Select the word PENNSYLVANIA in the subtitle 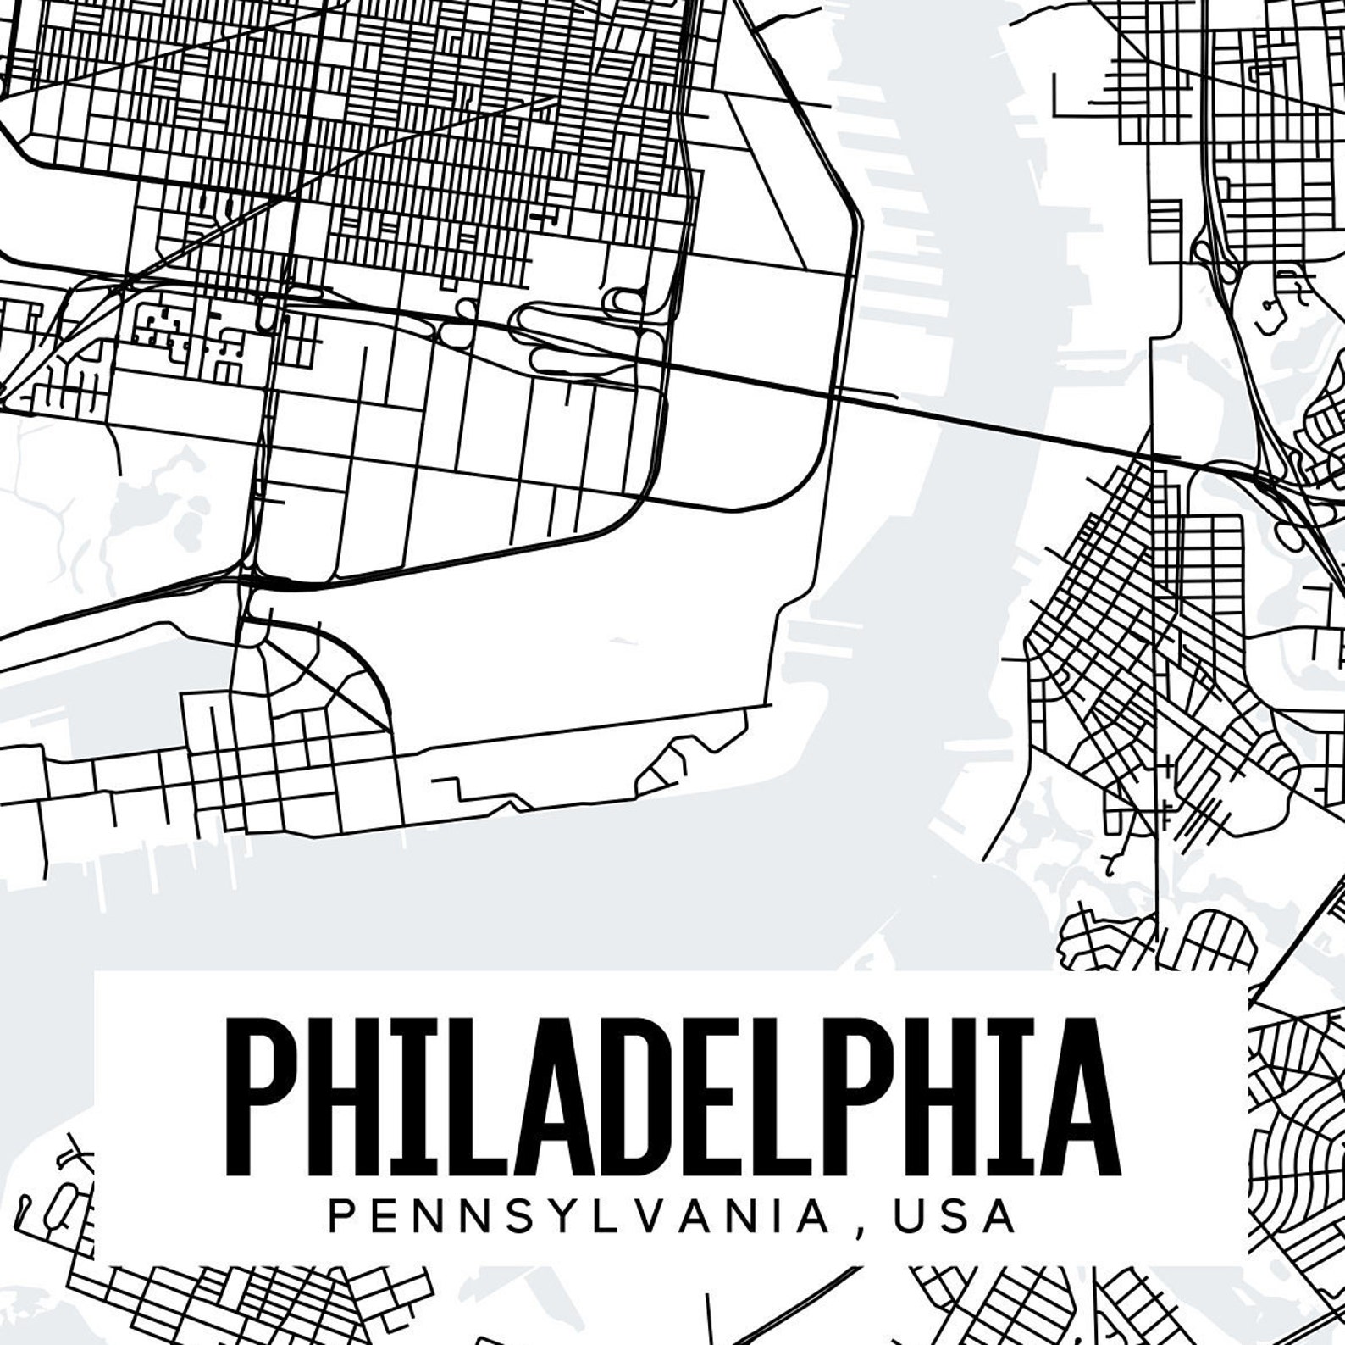tap(578, 1215)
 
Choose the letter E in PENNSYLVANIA tap(381, 1215)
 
